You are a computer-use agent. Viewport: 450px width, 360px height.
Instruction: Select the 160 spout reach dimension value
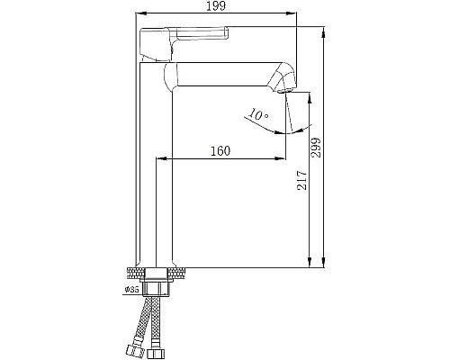point(220,150)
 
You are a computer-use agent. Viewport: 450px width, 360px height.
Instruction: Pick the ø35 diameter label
point(131,289)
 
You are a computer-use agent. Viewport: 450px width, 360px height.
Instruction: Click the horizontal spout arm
point(225,72)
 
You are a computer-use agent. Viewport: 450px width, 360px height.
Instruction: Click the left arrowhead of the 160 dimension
point(162,159)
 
